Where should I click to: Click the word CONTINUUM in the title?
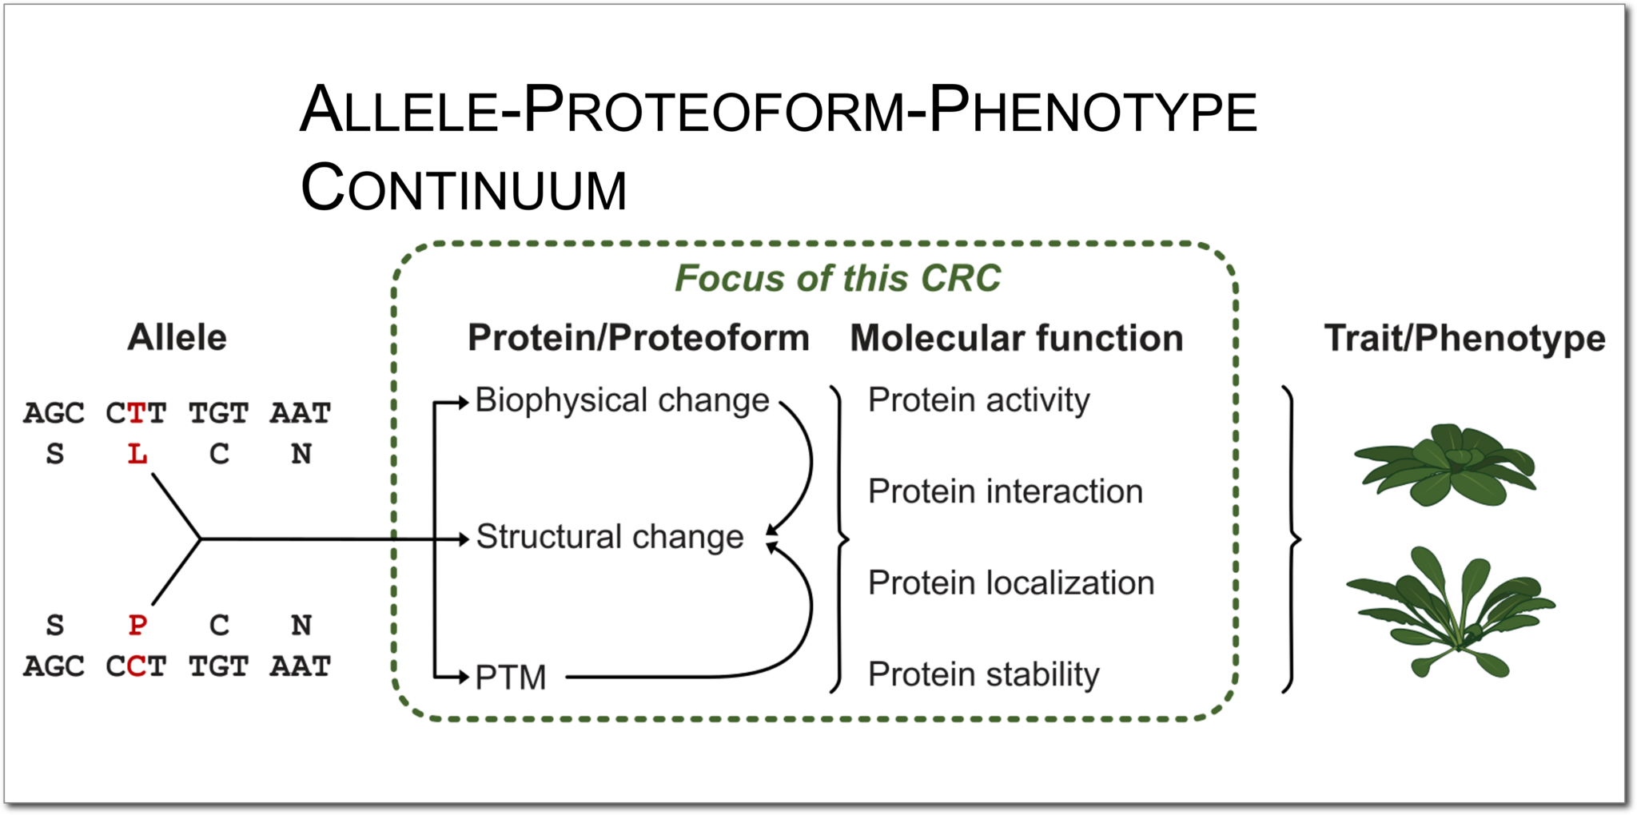[464, 189]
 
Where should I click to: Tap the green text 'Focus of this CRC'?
[837, 278]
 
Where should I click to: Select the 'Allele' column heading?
[177, 337]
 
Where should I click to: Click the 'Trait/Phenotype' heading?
[1464, 338]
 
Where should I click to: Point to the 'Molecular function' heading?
[1016, 338]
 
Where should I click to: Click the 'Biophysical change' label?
[622, 400]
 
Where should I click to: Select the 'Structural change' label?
[610, 537]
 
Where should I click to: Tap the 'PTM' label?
[511, 678]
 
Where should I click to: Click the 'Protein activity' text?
[978, 400]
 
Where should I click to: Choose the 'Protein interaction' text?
[1005, 491]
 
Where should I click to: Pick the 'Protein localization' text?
[1010, 583]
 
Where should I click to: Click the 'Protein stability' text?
[983, 674]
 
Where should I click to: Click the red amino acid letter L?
[137, 454]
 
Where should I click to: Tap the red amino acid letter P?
[137, 625]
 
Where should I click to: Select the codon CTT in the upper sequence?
[136, 413]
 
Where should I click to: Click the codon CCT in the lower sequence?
[136, 666]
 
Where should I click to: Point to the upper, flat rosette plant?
[1445, 465]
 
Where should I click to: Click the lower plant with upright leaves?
[1449, 612]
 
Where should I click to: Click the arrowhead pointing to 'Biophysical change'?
[463, 402]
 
